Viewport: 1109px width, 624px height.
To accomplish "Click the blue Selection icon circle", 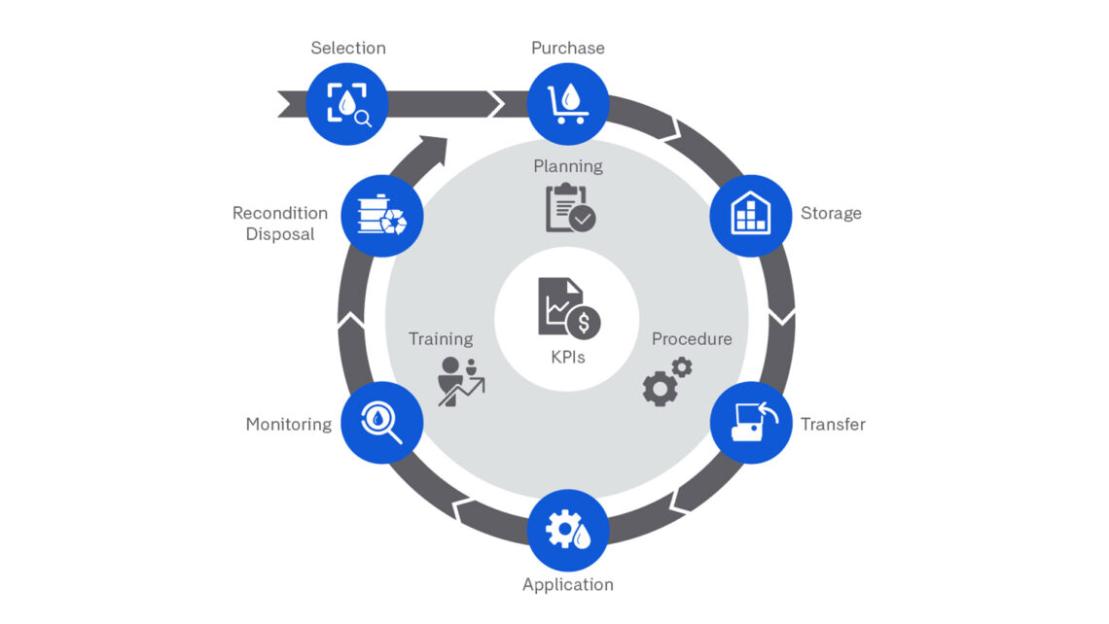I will click(x=347, y=103).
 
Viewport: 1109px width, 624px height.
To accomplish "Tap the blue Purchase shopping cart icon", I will click(x=568, y=103).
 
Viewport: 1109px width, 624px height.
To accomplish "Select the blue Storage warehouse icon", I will click(x=750, y=216).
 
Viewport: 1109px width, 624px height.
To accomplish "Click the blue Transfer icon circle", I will click(x=750, y=423).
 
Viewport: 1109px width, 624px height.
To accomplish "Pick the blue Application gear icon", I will click(x=568, y=531).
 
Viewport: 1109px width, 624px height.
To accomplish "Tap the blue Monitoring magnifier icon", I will click(x=381, y=423).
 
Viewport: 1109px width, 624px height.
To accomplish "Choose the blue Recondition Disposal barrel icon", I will click(x=381, y=216).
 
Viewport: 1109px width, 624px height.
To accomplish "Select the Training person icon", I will click(x=460, y=380).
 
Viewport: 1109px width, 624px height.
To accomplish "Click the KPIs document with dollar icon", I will click(x=568, y=309).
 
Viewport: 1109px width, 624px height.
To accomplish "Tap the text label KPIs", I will click(x=568, y=357).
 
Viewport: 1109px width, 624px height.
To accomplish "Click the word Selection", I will click(x=347, y=48).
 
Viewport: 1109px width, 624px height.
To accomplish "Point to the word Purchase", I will click(x=568, y=48).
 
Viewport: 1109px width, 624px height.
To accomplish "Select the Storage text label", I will click(x=830, y=214).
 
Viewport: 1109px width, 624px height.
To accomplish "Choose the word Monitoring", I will click(x=288, y=424).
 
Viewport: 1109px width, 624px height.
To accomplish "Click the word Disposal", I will click(x=280, y=234).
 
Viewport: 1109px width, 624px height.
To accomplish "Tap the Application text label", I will click(x=568, y=584).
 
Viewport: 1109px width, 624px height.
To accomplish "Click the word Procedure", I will click(x=692, y=339).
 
